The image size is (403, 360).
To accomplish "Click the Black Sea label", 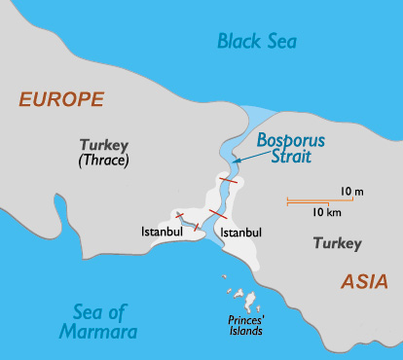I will (x=257, y=41).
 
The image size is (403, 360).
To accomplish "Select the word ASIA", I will (x=364, y=281).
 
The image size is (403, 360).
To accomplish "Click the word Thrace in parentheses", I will (x=105, y=160).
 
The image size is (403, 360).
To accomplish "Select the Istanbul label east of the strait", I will (x=242, y=233).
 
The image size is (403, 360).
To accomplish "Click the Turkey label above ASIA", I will (x=338, y=243).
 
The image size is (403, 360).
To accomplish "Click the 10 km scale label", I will (x=326, y=212).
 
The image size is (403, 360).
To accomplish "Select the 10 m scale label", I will (x=351, y=191).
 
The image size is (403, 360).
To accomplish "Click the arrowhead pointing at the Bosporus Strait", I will (x=237, y=158).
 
